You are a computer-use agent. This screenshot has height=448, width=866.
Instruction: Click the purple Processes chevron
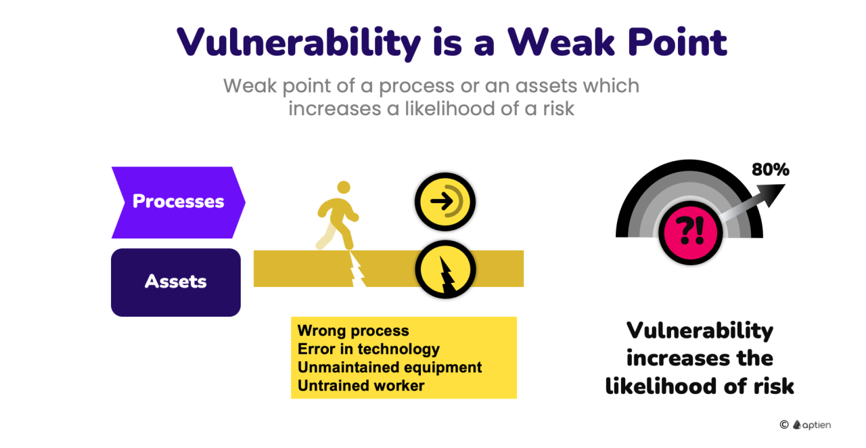click(179, 202)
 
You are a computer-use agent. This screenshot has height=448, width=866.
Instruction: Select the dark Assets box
click(176, 282)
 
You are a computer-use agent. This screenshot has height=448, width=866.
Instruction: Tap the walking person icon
click(337, 215)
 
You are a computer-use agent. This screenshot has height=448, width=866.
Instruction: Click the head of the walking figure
click(344, 187)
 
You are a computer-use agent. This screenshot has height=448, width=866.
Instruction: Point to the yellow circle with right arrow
click(445, 202)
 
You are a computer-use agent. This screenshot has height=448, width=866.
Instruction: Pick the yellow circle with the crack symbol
click(445, 269)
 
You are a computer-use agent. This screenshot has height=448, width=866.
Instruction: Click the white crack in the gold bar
click(357, 269)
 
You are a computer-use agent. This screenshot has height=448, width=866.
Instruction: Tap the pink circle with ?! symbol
click(691, 233)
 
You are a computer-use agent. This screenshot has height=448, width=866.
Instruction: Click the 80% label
click(771, 169)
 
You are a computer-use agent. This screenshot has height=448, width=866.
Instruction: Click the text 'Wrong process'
click(353, 331)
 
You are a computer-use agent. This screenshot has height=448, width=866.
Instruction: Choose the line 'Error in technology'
click(369, 349)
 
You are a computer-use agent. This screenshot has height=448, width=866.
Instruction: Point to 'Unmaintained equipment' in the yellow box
click(390, 367)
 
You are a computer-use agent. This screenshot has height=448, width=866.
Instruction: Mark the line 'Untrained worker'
click(361, 385)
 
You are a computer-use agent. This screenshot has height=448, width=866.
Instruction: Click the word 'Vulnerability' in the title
click(298, 43)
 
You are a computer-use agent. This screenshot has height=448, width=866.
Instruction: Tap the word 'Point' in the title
click(677, 42)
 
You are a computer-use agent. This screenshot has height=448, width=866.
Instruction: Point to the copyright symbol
click(784, 425)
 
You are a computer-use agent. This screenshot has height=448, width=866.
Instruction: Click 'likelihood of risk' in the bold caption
click(700, 386)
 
